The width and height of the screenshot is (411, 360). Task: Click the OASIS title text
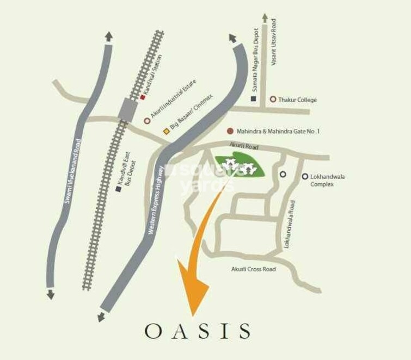point(198,331)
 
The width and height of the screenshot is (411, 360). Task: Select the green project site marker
point(240,166)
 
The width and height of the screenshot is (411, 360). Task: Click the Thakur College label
point(297,100)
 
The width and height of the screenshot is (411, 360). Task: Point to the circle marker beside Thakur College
point(273,100)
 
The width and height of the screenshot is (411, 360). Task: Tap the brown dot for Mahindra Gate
point(230,131)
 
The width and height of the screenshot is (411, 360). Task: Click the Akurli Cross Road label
point(253,269)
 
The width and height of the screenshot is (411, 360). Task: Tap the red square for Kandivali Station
point(143,97)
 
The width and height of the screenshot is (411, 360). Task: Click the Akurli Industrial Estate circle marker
point(147,121)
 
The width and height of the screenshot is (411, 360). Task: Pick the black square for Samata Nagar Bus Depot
point(254,99)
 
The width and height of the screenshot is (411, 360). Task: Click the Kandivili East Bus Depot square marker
point(118,189)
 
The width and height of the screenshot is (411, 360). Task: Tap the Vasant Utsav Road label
point(274,43)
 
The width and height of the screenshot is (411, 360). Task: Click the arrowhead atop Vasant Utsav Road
point(265,18)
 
